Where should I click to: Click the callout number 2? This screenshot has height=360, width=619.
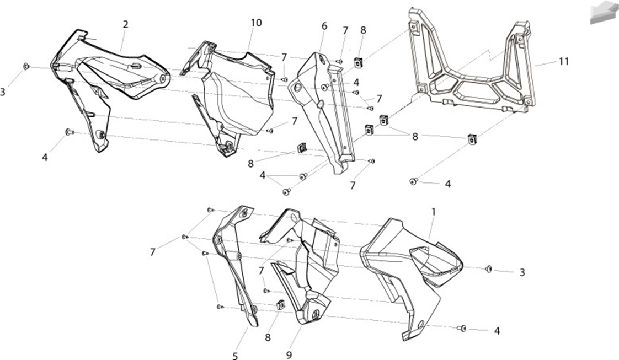click(x=126, y=24)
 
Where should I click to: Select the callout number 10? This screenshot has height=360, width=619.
click(x=256, y=23)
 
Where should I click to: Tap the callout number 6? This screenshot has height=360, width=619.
click(x=324, y=26)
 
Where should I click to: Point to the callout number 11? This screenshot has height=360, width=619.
click(x=564, y=62)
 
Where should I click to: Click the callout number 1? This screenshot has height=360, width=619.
click(x=434, y=212)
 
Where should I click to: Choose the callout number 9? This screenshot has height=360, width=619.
click(x=289, y=355)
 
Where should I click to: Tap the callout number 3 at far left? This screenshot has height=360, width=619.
click(x=3, y=92)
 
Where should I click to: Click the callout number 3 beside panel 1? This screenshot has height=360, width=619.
click(x=522, y=272)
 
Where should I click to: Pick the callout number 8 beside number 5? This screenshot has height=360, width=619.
click(x=268, y=337)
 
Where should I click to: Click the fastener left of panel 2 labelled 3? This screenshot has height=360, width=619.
click(x=26, y=66)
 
